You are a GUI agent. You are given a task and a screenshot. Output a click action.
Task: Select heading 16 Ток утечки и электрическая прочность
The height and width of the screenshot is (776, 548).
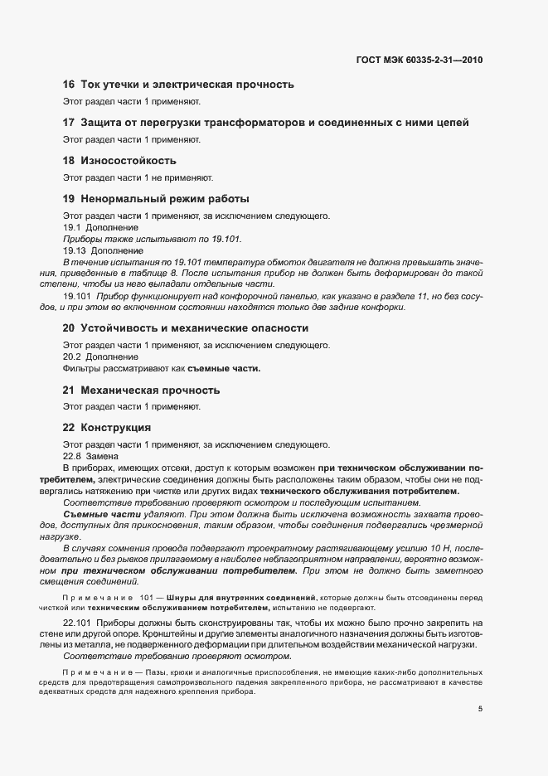[x=178, y=85]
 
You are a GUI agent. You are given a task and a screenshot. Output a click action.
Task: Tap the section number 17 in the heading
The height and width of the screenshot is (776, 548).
[x=69, y=123]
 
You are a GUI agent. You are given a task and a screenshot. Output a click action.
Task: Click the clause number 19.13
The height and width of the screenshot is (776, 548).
[x=75, y=250]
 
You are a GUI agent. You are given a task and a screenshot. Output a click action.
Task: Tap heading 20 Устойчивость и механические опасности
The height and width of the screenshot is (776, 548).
[x=186, y=328]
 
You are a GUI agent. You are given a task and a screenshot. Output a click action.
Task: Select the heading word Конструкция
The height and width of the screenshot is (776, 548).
[x=115, y=428]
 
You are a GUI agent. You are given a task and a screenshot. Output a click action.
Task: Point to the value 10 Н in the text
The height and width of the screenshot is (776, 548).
[x=440, y=549]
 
